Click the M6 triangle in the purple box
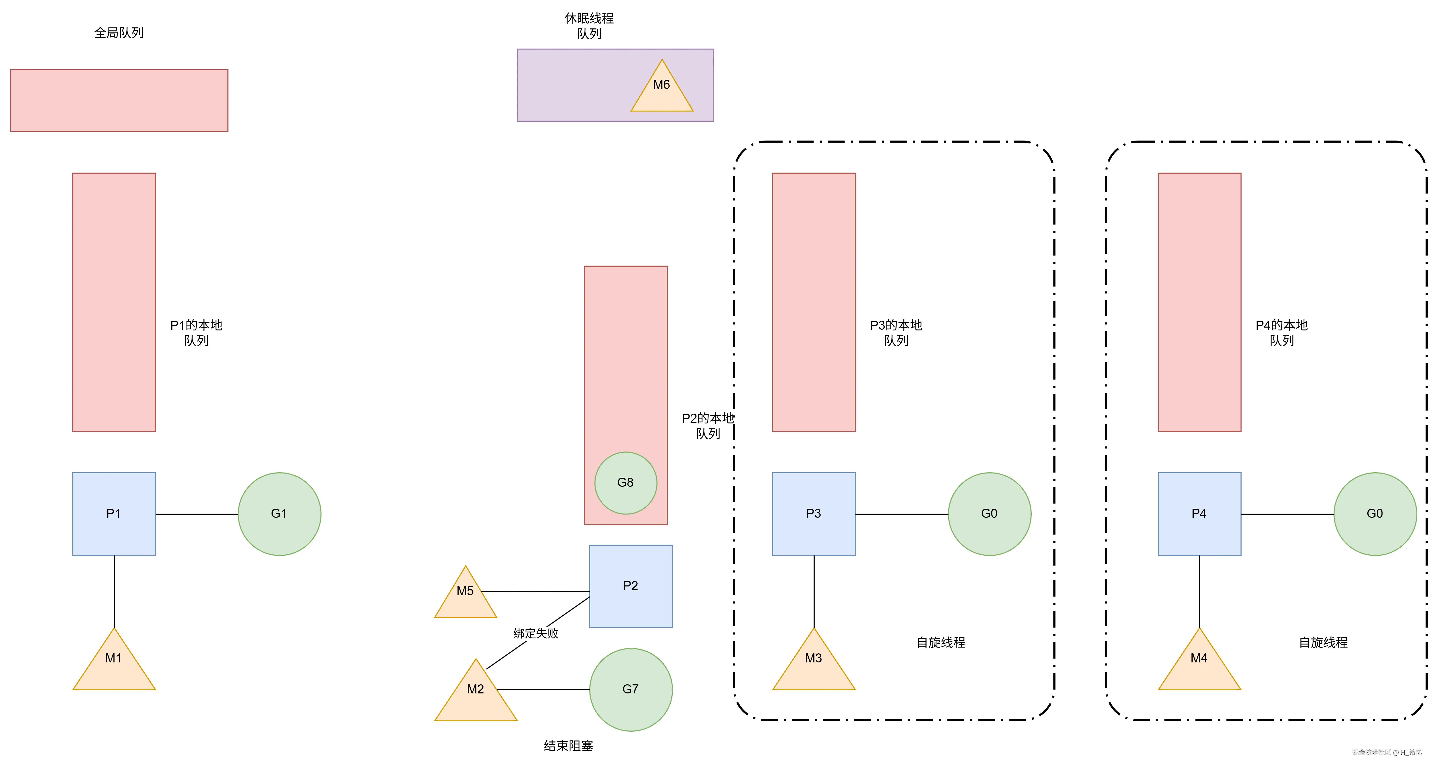tap(662, 89)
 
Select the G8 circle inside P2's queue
tap(626, 483)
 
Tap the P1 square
tap(114, 514)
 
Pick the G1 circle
tap(279, 514)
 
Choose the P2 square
tap(631, 586)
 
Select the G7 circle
tap(631, 689)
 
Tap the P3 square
tap(814, 514)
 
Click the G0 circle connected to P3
tap(989, 514)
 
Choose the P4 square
tap(1199, 514)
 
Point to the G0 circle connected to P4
tap(1375, 514)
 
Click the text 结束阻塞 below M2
tap(568, 746)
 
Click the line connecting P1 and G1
tap(197, 514)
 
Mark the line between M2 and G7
tap(543, 690)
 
